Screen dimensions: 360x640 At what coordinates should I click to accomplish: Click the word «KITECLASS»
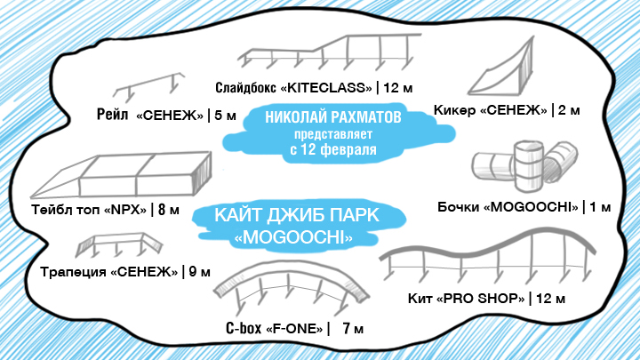click(x=328, y=88)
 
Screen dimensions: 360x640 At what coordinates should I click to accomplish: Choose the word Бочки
click(x=460, y=207)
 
